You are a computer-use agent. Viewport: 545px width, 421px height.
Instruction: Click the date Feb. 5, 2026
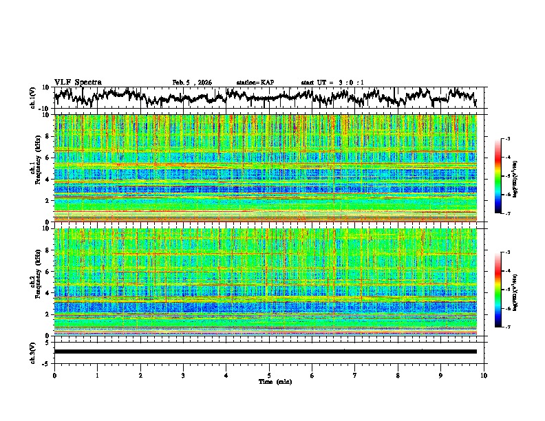[x=192, y=83]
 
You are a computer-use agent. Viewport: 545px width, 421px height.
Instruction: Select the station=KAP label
[x=255, y=83]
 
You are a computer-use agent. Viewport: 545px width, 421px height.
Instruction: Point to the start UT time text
[x=332, y=83]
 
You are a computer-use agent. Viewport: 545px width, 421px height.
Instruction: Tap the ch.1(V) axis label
[x=33, y=98]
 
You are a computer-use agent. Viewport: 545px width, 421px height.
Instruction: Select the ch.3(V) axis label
[x=33, y=352]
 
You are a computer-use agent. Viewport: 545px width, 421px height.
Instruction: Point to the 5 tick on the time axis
[x=270, y=375]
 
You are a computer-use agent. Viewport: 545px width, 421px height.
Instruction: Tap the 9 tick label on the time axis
[x=441, y=375]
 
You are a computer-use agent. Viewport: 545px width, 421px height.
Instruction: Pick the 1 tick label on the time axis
[x=98, y=375]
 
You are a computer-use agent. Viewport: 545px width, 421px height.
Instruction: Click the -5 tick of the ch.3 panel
[x=47, y=362]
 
